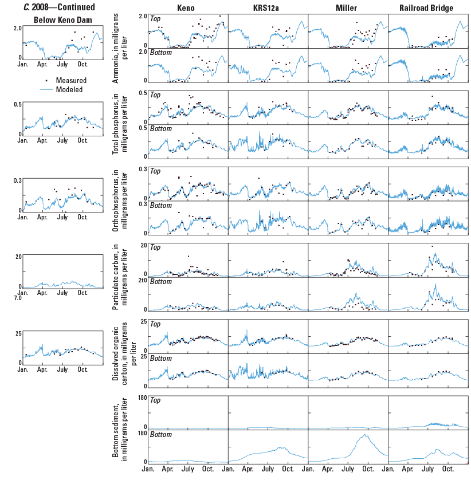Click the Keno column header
click(x=187, y=7)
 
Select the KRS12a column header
click(x=268, y=7)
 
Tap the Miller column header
click(x=348, y=7)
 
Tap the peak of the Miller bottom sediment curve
click(x=364, y=435)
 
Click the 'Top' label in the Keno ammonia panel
click(x=155, y=18)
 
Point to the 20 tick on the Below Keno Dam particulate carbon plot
click(x=18, y=256)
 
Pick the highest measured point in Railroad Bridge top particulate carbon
click(x=431, y=246)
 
